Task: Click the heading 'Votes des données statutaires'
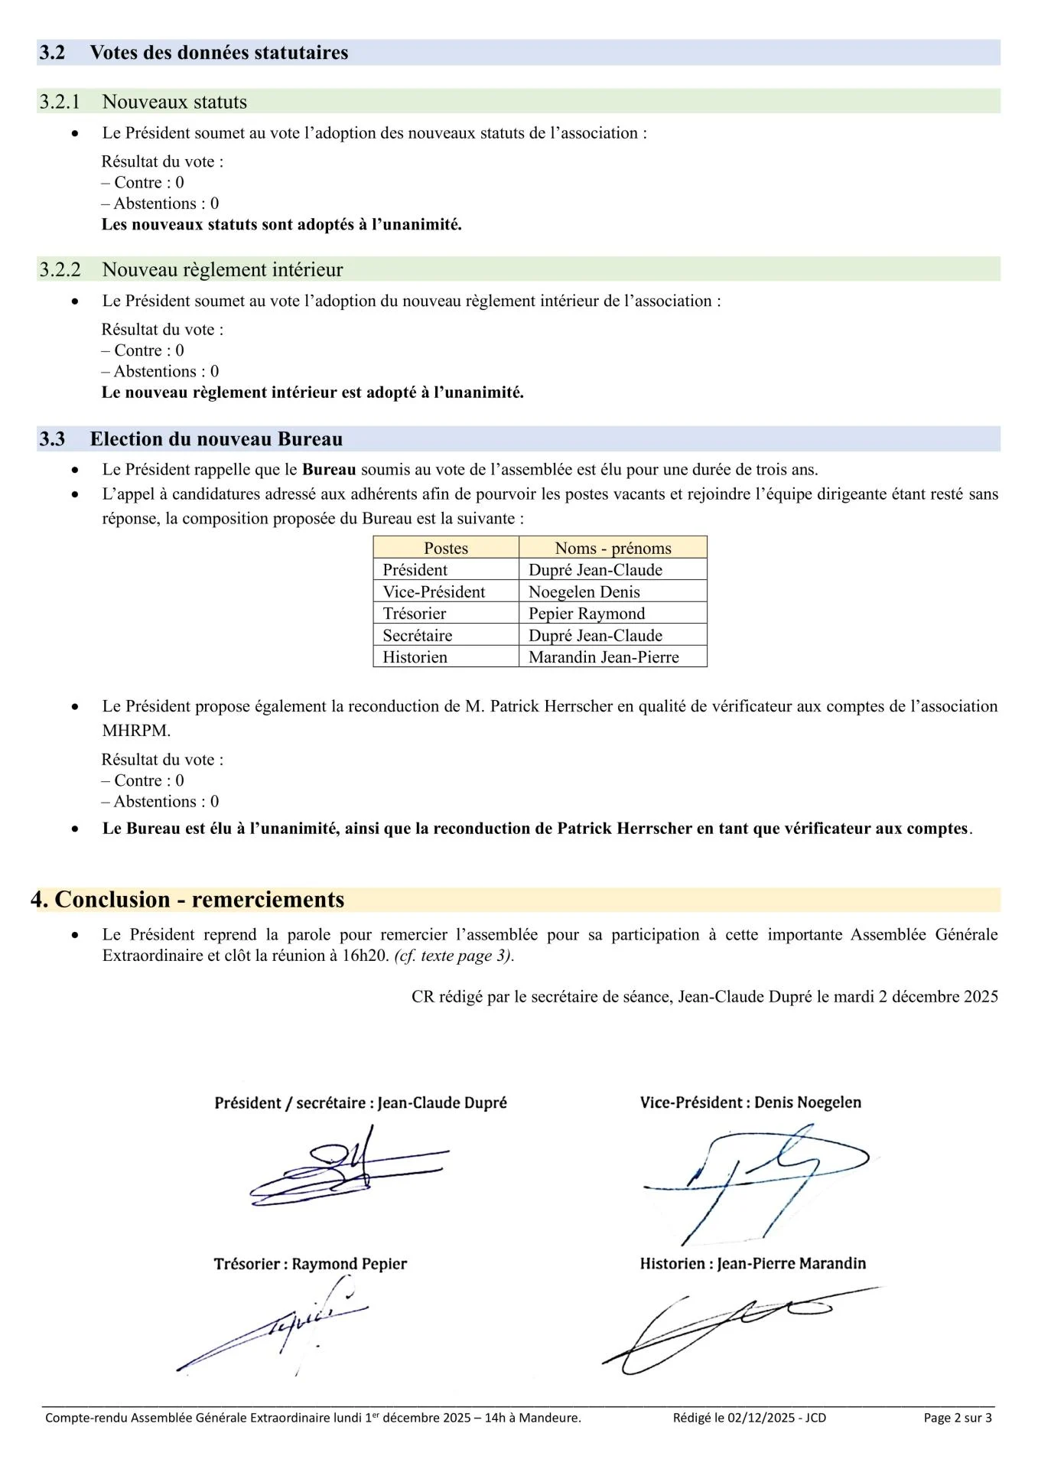tap(219, 53)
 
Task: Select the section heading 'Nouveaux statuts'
tap(174, 102)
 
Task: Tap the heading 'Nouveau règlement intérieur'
tap(223, 269)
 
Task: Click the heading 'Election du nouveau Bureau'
tap(216, 439)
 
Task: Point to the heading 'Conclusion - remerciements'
tap(199, 899)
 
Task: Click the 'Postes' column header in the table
tap(446, 548)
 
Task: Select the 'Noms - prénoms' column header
tap(613, 548)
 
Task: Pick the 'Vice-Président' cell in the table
tap(434, 591)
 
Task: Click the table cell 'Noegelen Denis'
tap(584, 591)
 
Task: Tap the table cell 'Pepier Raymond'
tap(587, 614)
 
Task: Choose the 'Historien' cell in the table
tap(415, 657)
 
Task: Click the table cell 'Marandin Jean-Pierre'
tap(604, 657)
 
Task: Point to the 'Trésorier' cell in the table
tap(415, 614)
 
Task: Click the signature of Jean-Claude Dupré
tap(348, 1166)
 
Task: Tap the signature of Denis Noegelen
tap(753, 1174)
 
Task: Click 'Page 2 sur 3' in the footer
tap(958, 1418)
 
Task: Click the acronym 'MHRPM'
tap(136, 731)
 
